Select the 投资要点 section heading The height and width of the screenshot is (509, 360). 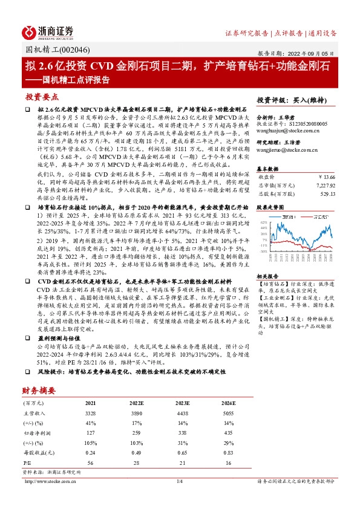point(41,97)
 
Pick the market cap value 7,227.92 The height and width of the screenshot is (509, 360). point(322,184)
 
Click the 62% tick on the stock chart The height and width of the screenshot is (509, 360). point(263,222)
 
